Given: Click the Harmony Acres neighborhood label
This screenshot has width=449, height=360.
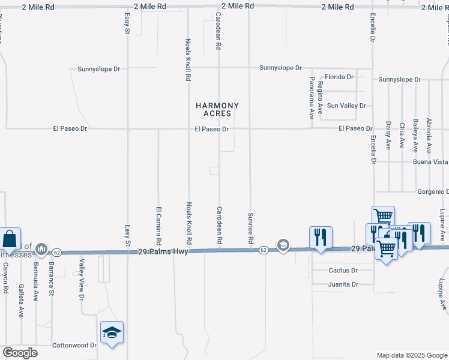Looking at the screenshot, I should (x=217, y=109).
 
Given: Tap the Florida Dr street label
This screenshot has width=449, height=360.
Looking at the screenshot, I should (x=339, y=77).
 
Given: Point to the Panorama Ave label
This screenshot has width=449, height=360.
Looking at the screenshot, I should (x=312, y=98).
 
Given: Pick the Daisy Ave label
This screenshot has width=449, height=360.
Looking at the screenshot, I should (x=388, y=135).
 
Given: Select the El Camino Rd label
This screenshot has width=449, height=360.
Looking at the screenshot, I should (x=159, y=226).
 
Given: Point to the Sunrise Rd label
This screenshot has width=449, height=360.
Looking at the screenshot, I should (x=250, y=228).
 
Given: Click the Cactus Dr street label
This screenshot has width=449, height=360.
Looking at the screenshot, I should (x=343, y=271).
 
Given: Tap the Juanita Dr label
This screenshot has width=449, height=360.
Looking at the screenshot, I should (x=343, y=284).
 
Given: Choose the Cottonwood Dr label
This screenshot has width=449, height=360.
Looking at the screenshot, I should (x=74, y=345).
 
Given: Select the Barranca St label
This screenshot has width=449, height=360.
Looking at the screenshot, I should (x=52, y=279).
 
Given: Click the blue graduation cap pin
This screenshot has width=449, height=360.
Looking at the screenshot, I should (x=112, y=332).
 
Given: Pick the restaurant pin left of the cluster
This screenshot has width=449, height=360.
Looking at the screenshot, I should (x=321, y=236).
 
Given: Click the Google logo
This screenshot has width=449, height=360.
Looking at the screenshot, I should (x=20, y=353).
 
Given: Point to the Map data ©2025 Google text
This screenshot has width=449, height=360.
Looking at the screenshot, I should (x=411, y=355).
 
